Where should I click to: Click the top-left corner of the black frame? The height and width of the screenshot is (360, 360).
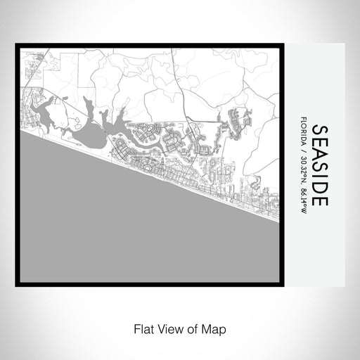point(17,46)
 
